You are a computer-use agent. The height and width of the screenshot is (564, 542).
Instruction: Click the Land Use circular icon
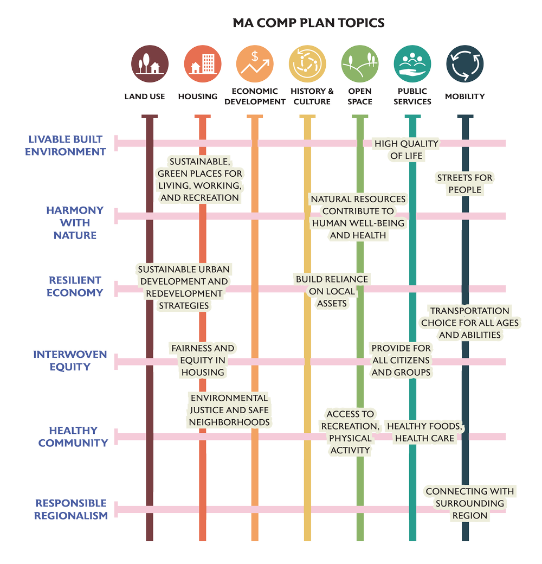point(149,63)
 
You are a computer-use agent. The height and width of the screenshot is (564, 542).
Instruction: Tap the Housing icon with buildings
point(202,63)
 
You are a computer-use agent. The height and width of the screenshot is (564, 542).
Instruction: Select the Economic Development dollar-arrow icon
point(255,63)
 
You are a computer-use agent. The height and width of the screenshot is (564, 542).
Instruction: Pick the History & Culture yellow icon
point(307,63)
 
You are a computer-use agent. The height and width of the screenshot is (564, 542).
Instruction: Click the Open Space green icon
point(360,63)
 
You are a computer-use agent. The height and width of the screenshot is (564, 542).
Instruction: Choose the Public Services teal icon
point(412,63)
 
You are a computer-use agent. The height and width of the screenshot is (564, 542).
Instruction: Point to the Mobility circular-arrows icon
point(465,63)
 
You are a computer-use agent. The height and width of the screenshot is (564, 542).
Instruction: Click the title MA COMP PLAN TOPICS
point(308,23)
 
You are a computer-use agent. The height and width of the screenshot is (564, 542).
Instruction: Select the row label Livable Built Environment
point(66,146)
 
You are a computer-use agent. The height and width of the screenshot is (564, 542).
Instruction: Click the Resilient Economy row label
point(75,286)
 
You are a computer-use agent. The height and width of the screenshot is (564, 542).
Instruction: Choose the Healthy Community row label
point(73,437)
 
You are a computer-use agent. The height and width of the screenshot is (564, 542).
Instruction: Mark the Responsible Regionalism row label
point(70,509)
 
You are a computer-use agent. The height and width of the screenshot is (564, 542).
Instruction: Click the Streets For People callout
point(464,184)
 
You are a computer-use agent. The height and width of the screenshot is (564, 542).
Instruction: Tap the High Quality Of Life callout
point(406,150)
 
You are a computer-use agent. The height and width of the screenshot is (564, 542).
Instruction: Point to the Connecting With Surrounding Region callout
point(469,503)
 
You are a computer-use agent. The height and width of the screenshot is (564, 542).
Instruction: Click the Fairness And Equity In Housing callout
point(203,360)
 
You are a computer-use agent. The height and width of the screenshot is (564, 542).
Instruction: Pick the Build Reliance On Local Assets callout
point(332,291)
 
